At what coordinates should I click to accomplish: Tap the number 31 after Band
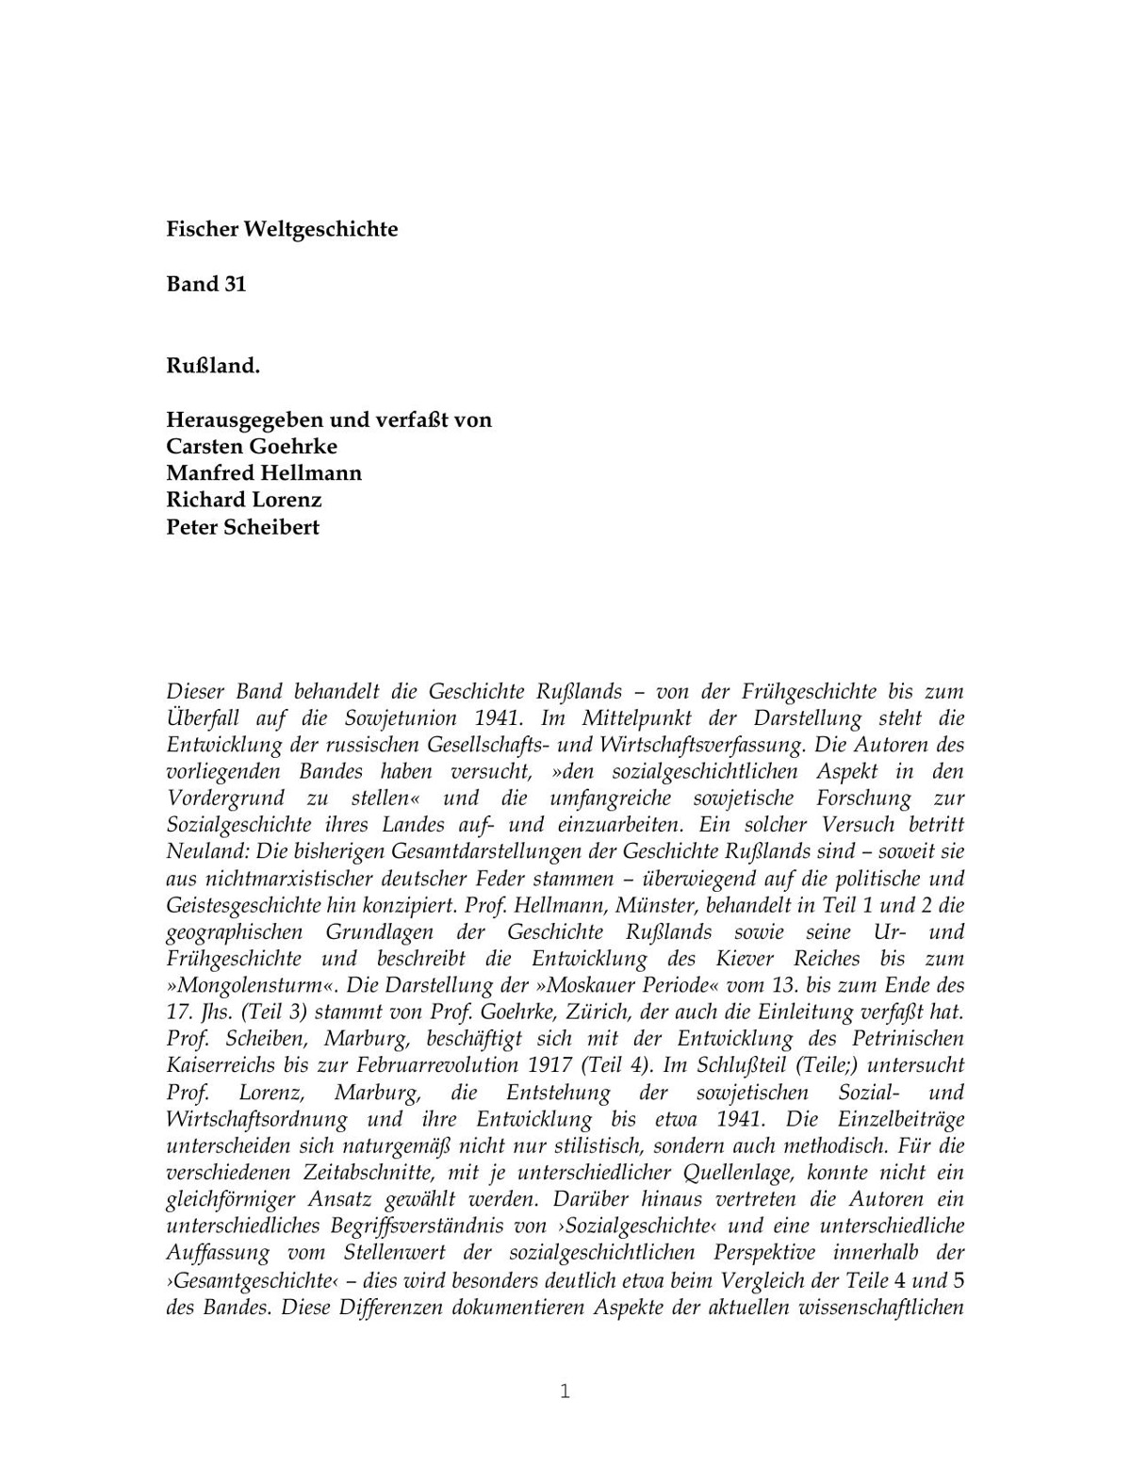coord(235,285)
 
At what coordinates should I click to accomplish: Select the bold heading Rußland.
coord(213,366)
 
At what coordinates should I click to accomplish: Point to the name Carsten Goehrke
coord(252,446)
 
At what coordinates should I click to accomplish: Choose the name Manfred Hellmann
coord(264,472)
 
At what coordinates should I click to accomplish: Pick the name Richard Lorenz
coord(244,500)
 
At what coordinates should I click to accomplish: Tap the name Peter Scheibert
coord(242,527)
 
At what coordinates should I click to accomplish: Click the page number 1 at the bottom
coord(565,1391)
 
